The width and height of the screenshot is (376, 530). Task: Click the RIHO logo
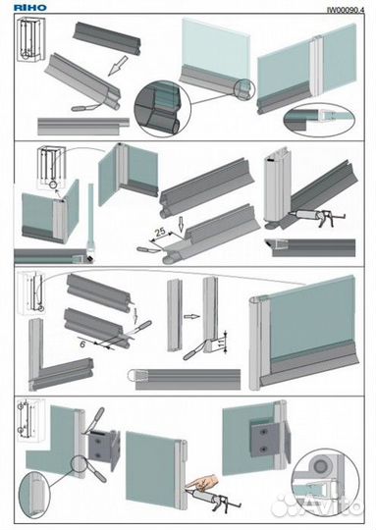(29, 8)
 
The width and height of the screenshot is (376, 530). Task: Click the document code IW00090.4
(346, 10)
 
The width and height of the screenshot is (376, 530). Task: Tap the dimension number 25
(160, 232)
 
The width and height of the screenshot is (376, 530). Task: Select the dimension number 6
(82, 344)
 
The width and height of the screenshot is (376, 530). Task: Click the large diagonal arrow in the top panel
(118, 66)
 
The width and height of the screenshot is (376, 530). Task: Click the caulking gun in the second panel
(316, 216)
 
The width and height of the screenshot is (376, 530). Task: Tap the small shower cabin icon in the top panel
(30, 39)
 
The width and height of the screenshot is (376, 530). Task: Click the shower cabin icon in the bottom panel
(30, 420)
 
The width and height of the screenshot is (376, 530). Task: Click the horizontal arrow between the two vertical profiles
(191, 317)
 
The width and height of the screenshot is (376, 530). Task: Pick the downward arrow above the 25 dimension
(182, 224)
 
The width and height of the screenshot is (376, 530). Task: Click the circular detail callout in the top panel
(163, 109)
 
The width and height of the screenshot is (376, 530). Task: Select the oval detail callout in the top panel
(319, 121)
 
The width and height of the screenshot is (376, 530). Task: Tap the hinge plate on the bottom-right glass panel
(265, 439)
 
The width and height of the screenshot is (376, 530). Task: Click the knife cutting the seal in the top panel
(86, 108)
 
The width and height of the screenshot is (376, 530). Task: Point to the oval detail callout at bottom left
(33, 496)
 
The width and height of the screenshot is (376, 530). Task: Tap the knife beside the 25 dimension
(149, 249)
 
